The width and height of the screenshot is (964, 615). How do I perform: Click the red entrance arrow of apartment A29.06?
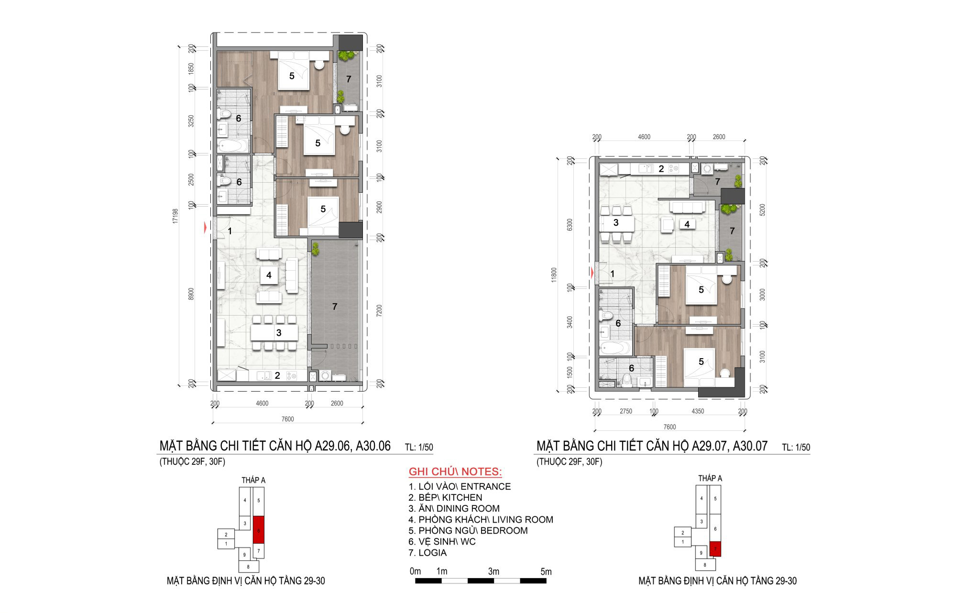[x=206, y=228]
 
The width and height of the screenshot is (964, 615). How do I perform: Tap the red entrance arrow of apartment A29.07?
[x=593, y=274]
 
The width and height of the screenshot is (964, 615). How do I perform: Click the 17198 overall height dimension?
[x=175, y=216]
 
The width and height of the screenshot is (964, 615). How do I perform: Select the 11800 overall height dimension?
[x=554, y=275]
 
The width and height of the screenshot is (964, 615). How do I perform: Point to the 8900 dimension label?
[x=191, y=294]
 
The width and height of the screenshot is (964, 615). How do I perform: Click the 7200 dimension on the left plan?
[x=380, y=311]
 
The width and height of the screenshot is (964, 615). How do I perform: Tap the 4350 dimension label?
[x=698, y=411]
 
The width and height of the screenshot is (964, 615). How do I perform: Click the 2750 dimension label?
[x=625, y=411]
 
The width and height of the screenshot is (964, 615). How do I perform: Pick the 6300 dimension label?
[x=569, y=225]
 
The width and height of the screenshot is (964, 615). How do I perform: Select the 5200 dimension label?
[x=762, y=210]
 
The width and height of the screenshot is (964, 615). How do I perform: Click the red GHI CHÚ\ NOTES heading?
[x=455, y=472]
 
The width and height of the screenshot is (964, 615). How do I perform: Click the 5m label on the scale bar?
[x=546, y=571]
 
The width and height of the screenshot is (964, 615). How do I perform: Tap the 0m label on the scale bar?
[x=415, y=571]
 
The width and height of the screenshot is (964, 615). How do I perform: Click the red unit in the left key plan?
[x=258, y=530]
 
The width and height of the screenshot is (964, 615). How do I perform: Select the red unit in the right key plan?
[x=715, y=549]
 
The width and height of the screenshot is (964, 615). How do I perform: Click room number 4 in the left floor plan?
[x=269, y=275]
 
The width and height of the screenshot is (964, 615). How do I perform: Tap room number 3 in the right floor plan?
[x=616, y=222]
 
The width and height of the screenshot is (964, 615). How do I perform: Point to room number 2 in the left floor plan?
[x=277, y=376]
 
